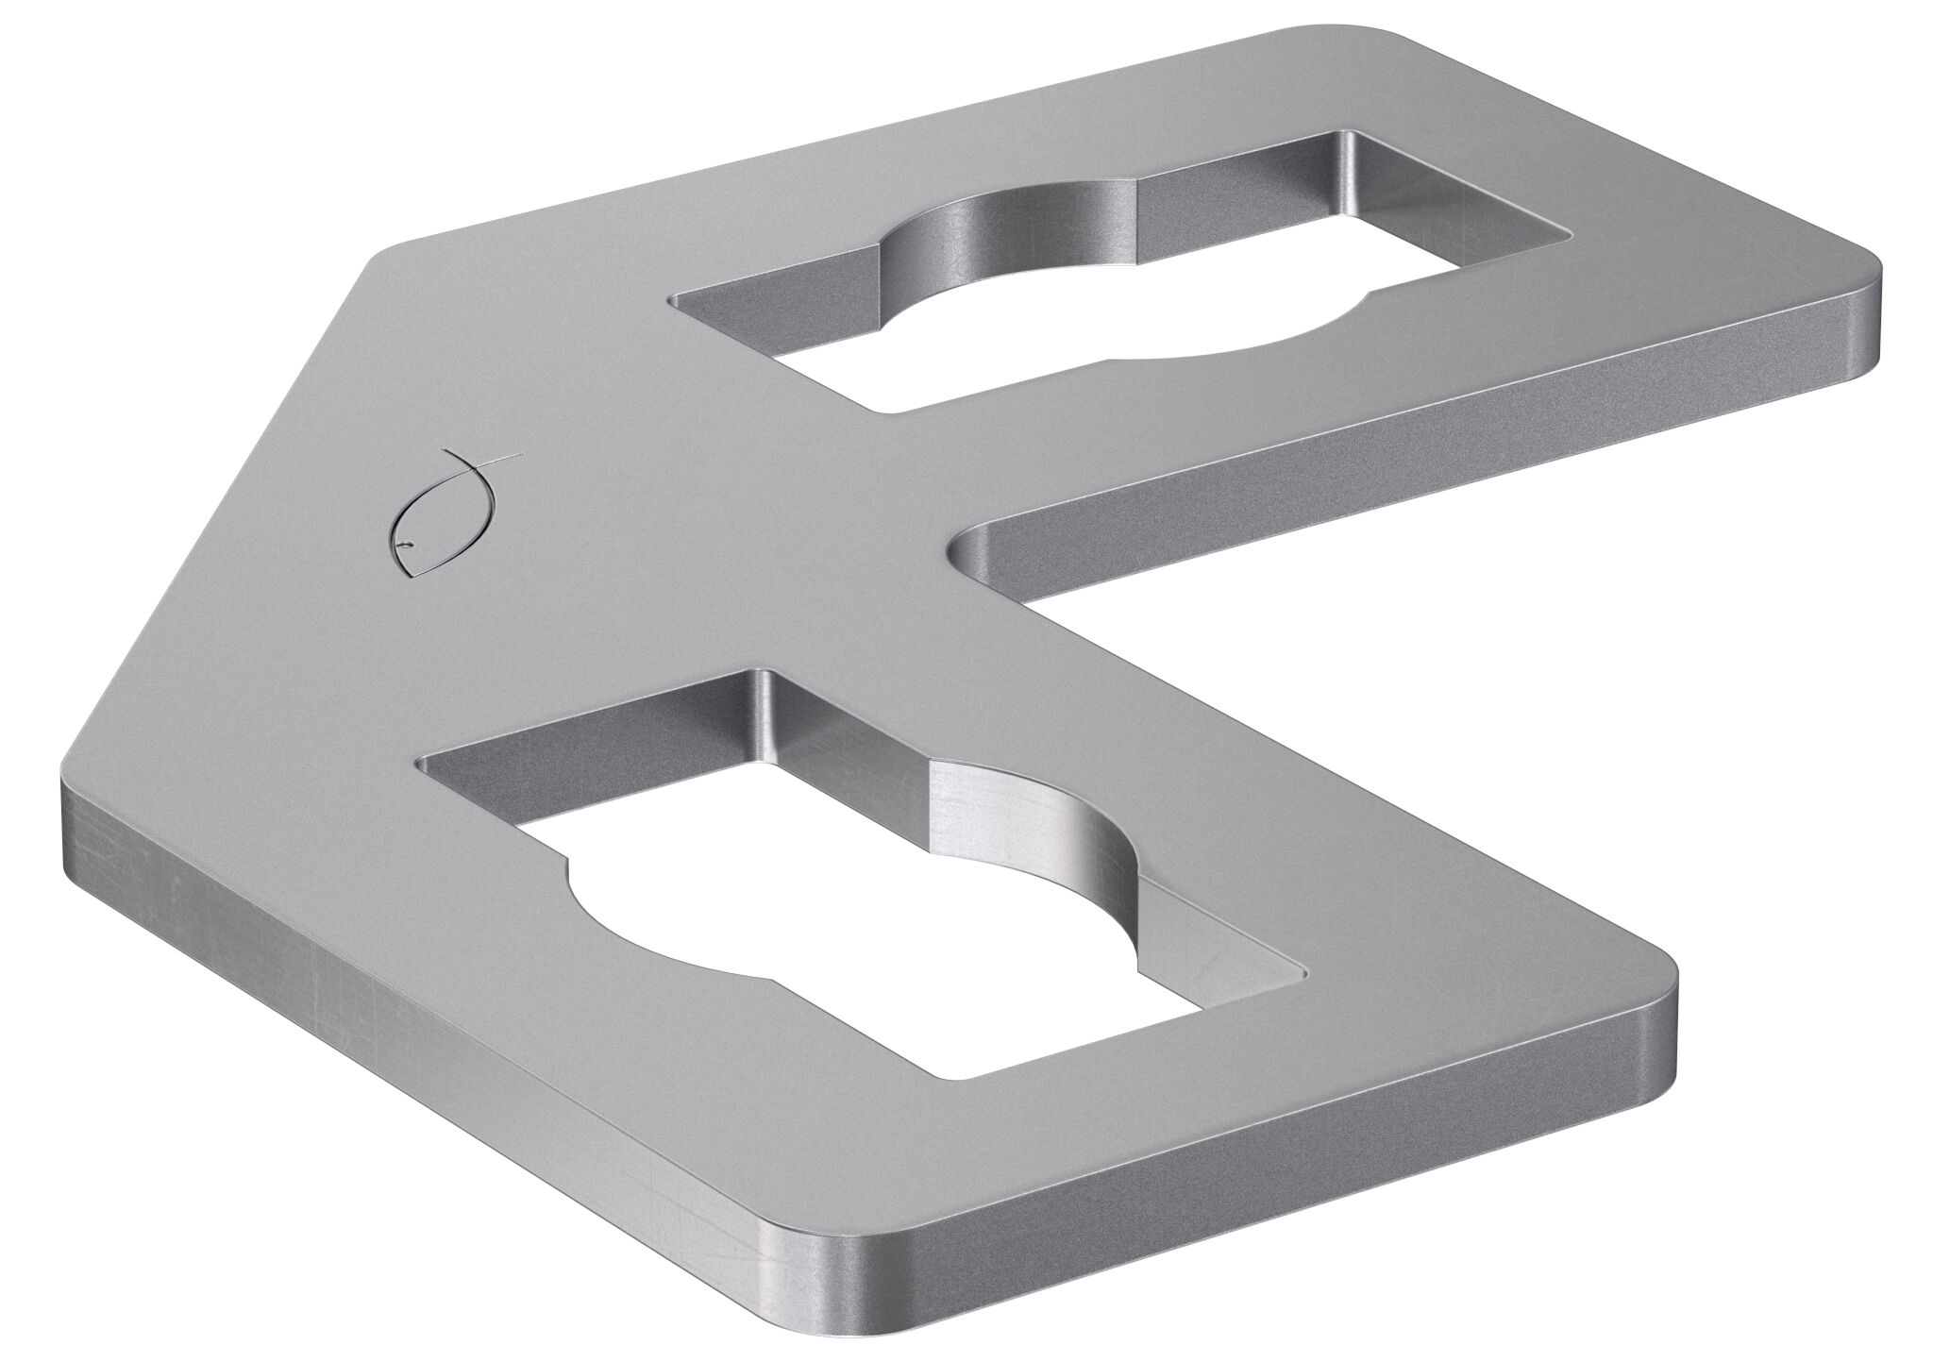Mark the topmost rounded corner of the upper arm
coord(1397,38)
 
